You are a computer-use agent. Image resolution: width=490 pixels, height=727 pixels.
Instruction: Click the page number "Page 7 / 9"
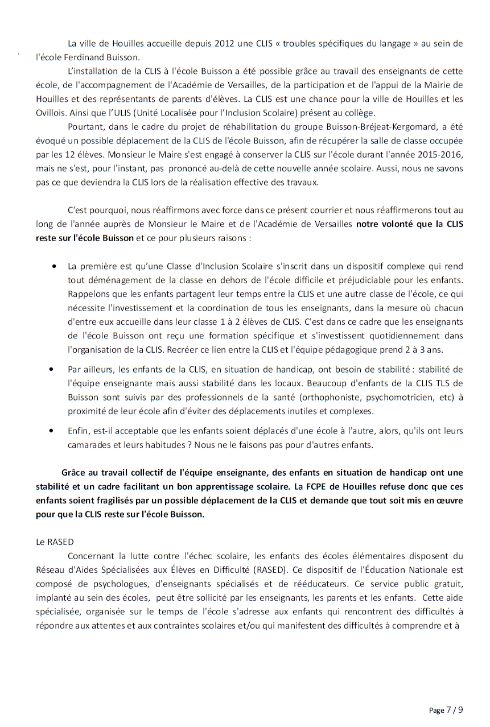pyautogui.click(x=446, y=709)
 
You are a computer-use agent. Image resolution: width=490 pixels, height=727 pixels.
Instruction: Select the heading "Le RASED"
pyautogui.click(x=55, y=542)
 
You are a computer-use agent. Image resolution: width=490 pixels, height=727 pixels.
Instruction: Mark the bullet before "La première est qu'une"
pyautogui.click(x=54, y=266)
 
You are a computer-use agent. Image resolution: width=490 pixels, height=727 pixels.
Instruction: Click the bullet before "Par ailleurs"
pyautogui.click(x=54, y=370)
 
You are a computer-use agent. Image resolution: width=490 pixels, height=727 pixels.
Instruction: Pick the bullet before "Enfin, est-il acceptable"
pyautogui.click(x=54, y=431)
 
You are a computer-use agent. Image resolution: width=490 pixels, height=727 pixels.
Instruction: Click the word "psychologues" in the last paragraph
pyautogui.click(x=109, y=583)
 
